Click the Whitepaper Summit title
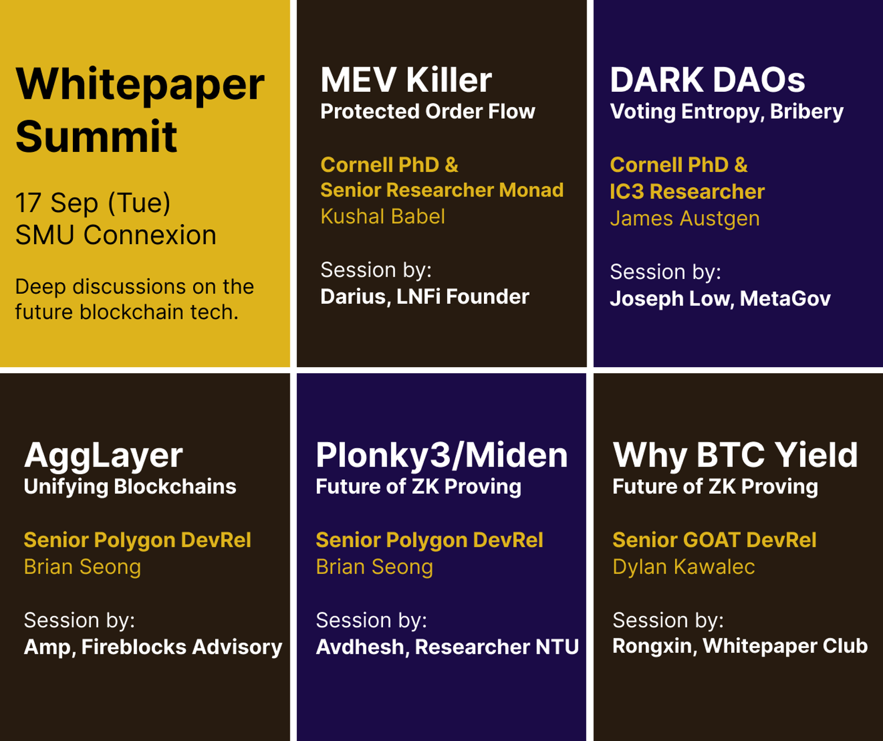coord(140,110)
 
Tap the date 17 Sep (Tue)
coord(93,203)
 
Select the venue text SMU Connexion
coord(116,235)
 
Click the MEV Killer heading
coord(406,80)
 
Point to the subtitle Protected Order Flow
coord(428,112)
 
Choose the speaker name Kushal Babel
coord(382,216)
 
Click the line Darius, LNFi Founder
coord(425,297)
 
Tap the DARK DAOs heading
coord(708,80)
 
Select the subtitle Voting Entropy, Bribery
coord(727,112)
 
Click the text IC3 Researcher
coord(687,192)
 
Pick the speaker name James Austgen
coord(685,219)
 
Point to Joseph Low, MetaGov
coord(720,299)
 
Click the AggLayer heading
coord(103,457)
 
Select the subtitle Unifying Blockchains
coord(130,487)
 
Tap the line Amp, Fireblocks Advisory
coord(153,647)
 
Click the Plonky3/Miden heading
coord(441,456)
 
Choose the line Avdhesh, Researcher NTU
coord(447,647)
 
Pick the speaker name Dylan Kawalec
coord(684,567)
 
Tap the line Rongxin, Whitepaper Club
coord(740,646)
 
